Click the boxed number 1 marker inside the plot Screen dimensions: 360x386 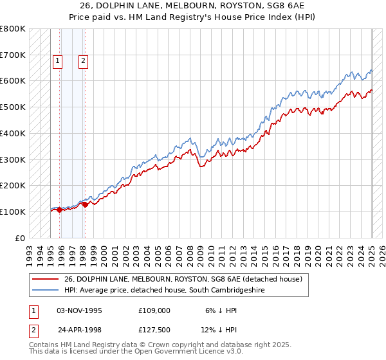point(58,62)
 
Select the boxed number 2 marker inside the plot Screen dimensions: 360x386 point(84,62)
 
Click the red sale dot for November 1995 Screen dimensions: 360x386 point(59,210)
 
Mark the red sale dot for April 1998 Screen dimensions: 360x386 point(85,204)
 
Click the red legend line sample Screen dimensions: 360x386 point(46,279)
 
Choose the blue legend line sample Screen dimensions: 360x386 point(46,291)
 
